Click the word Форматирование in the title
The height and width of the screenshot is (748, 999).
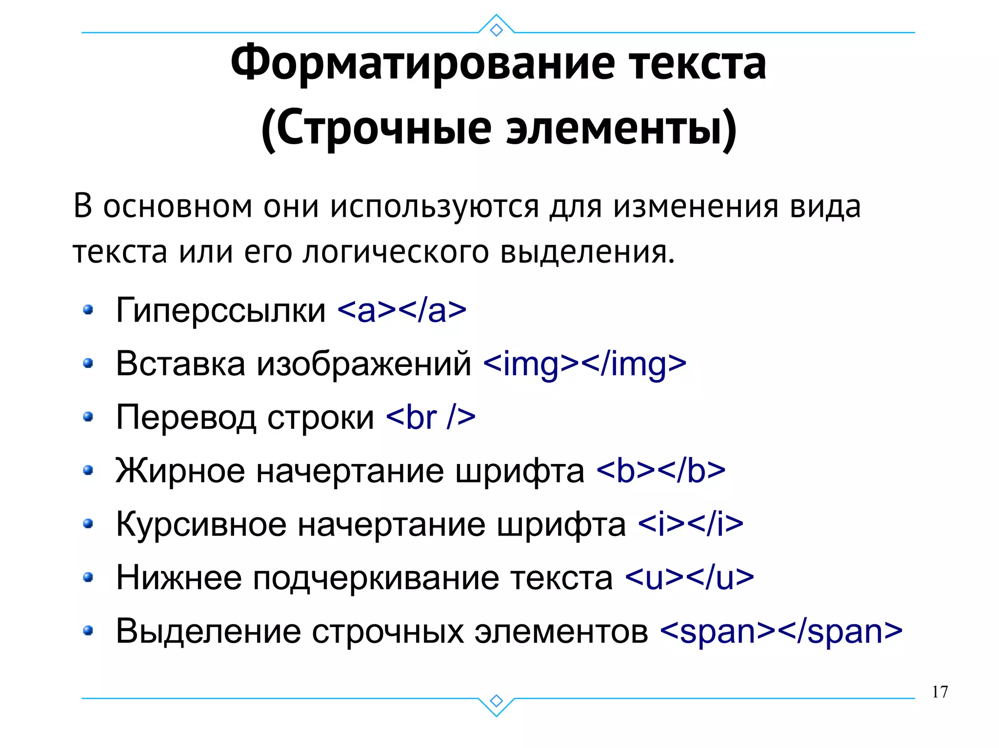(422, 64)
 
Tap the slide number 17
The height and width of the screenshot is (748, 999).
(939, 692)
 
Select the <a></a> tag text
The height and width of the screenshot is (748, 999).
(402, 310)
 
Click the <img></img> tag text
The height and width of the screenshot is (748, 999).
(584, 364)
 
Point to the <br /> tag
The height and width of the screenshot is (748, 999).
(430, 417)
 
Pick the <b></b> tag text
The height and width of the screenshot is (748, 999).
(660, 471)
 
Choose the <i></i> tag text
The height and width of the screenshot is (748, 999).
(690, 524)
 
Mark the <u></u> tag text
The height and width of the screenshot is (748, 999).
(689, 578)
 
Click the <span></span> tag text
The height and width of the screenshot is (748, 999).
(781, 632)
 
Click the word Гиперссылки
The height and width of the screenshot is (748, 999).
(220, 310)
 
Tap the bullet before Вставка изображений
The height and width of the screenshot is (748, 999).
(88, 364)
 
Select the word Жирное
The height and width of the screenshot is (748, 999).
(180, 471)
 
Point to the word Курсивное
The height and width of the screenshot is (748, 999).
(201, 524)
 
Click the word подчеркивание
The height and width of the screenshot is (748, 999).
(376, 578)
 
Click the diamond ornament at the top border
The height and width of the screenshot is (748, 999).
(496, 30)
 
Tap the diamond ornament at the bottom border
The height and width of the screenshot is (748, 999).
(496, 701)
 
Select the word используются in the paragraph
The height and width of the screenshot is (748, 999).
(434, 207)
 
